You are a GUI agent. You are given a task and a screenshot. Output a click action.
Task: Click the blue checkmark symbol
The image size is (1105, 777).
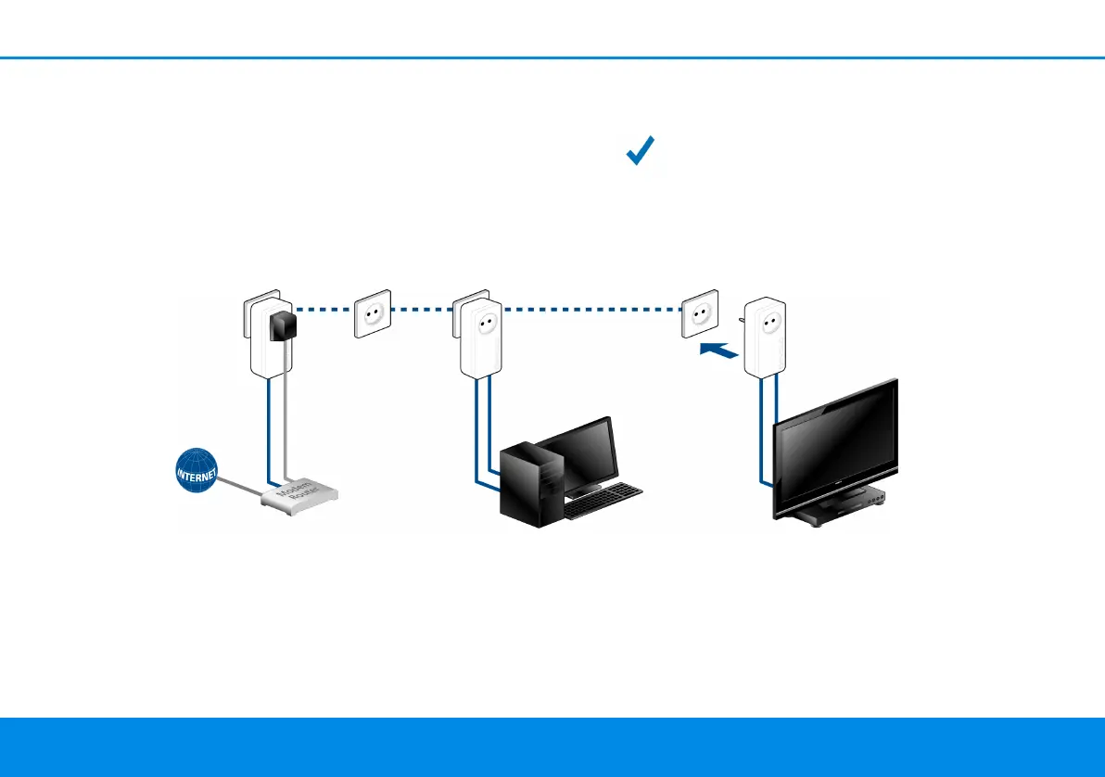(641, 150)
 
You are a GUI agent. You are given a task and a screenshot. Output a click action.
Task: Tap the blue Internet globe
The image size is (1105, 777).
(197, 472)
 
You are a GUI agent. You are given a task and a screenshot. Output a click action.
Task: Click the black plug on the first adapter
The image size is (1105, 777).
(281, 325)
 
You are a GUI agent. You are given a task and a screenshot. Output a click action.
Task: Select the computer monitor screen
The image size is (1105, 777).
(584, 456)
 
